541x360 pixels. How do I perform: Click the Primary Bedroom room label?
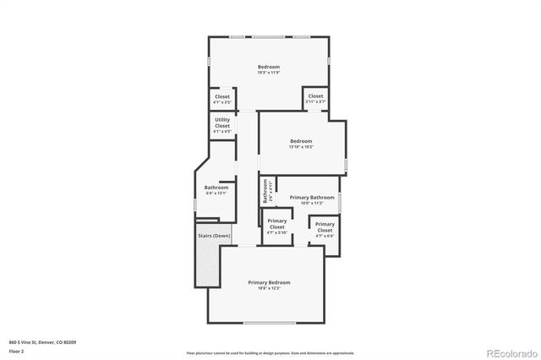pos(269,281)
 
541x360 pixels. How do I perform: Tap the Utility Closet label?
pos(222,123)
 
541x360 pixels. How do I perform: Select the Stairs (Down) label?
pos(213,236)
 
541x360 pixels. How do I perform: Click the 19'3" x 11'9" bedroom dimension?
pos(269,73)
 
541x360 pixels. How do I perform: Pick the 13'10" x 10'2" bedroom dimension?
pos(301,147)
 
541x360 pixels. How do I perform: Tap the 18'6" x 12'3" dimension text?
pos(269,288)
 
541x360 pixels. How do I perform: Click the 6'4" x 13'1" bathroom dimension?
pos(216,194)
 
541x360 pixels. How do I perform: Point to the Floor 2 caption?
pos(16,350)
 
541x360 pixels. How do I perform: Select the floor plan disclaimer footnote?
pos(270,352)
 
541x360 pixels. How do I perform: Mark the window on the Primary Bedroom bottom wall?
pos(270,323)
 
